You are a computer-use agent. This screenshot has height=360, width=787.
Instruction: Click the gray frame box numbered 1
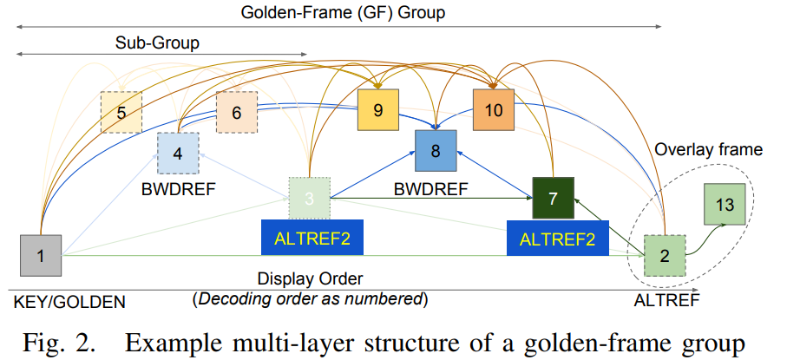click(x=40, y=255)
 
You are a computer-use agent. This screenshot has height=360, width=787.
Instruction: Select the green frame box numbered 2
click(x=665, y=255)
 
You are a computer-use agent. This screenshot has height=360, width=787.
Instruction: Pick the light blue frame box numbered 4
click(x=178, y=154)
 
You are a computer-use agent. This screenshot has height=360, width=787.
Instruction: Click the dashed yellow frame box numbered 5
click(x=121, y=112)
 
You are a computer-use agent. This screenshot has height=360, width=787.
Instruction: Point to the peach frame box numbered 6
click(x=237, y=113)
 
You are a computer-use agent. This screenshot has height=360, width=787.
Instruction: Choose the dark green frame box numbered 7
click(x=552, y=198)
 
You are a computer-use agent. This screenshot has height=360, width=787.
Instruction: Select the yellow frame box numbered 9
click(x=377, y=110)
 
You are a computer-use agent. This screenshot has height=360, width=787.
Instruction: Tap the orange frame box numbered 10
click(x=494, y=110)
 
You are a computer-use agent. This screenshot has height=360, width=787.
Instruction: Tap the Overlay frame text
click(x=708, y=150)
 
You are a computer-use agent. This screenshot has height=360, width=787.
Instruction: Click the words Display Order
click(x=310, y=280)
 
